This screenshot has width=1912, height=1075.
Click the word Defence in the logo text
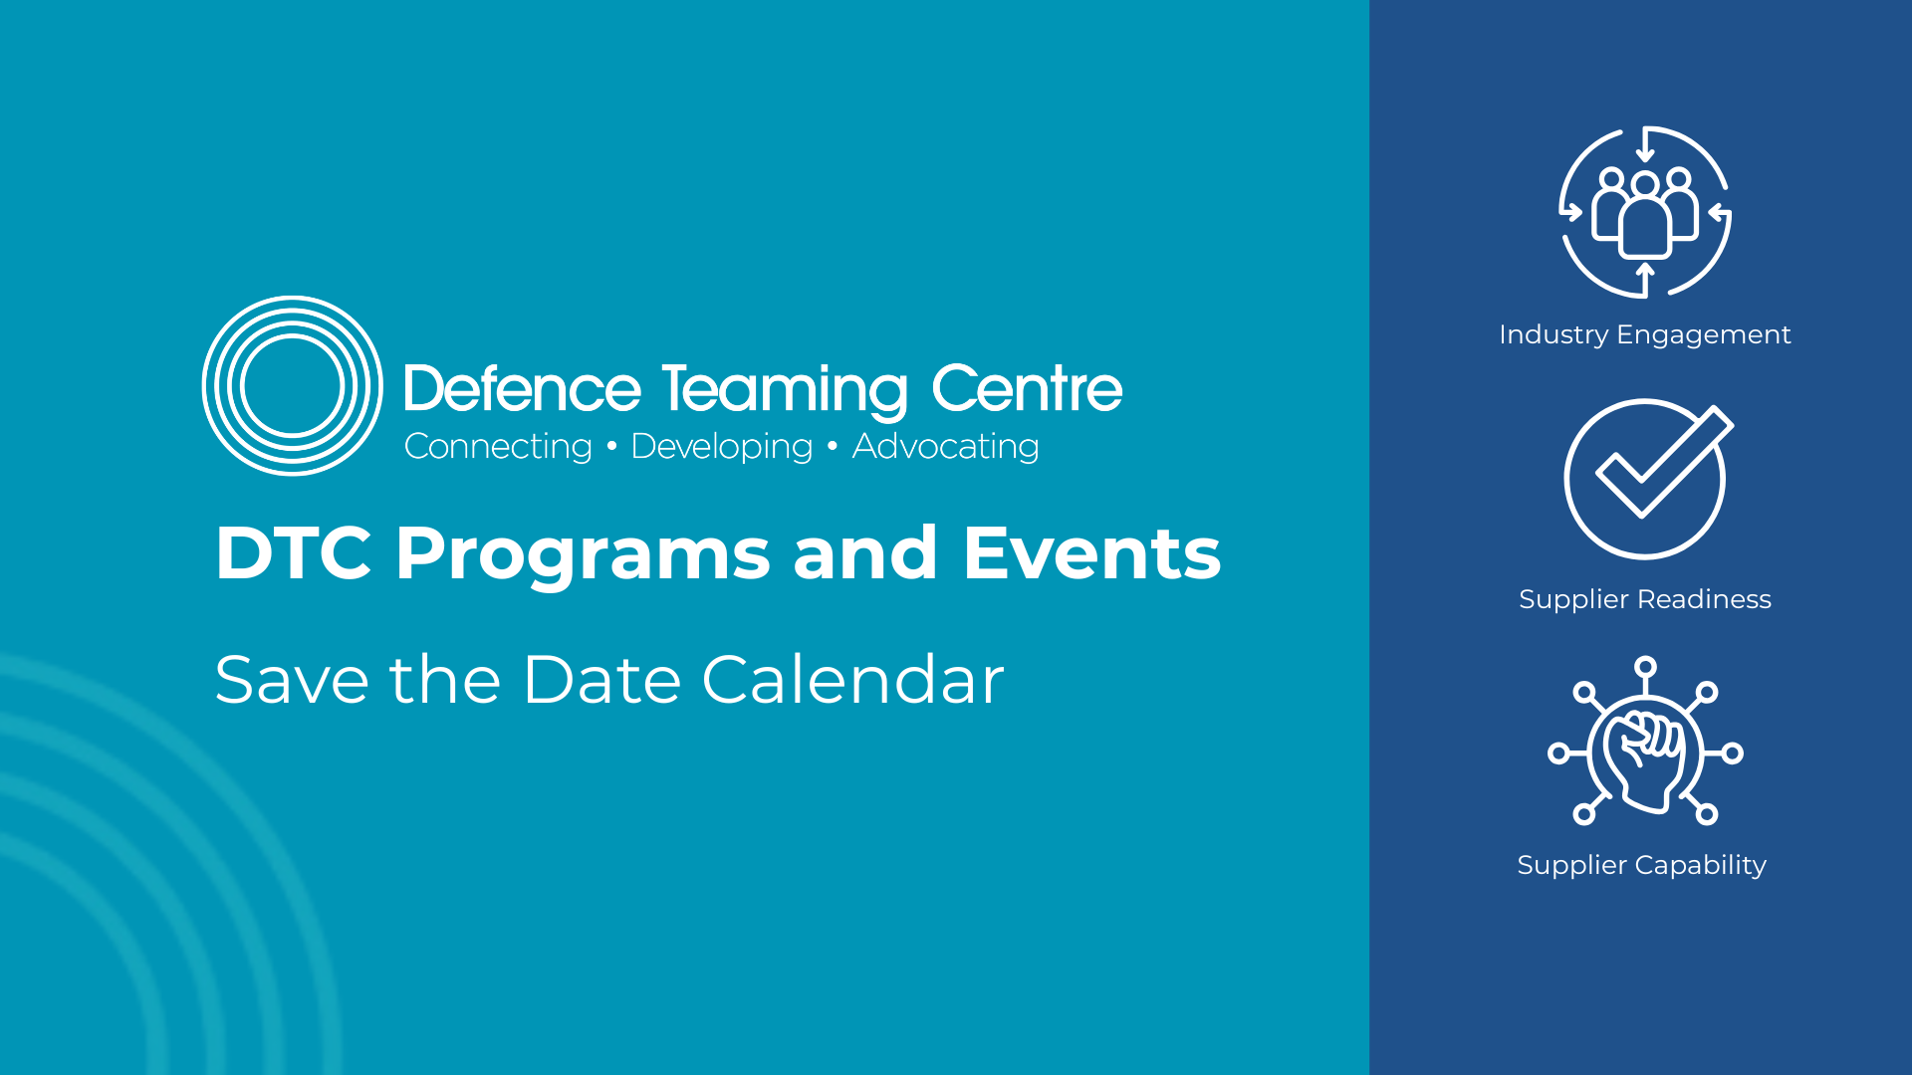tap(523, 388)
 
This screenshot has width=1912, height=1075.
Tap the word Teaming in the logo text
tap(786, 390)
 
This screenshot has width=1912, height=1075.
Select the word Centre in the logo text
tap(1027, 388)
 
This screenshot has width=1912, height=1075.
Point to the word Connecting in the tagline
tap(498, 447)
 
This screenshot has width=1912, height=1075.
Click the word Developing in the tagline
tap(722, 447)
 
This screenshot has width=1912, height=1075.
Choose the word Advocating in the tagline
tap(946, 447)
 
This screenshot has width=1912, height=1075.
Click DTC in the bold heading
tap(294, 553)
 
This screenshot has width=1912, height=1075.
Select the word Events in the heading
tap(1091, 553)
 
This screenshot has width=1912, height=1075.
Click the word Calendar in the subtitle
tap(853, 680)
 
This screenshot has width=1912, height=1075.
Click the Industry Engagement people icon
tap(1645, 213)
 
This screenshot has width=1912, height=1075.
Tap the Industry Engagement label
tap(1645, 334)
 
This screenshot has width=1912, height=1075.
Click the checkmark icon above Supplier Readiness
tap(1647, 479)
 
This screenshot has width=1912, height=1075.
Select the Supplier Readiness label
tap(1645, 599)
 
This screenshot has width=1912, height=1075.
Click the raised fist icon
tap(1645, 742)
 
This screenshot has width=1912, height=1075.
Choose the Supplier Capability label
tap(1642, 865)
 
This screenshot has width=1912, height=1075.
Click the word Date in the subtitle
tap(601, 681)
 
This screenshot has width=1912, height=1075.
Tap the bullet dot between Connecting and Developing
tap(611, 447)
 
